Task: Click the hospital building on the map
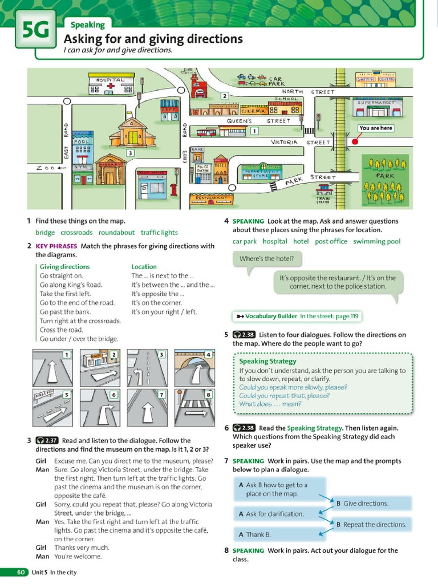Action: [x=111, y=84]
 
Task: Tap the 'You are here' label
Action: [x=375, y=128]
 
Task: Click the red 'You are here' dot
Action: [x=354, y=141]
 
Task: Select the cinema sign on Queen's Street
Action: [x=253, y=111]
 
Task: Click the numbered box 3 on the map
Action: [x=131, y=153]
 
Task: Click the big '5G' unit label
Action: [x=36, y=30]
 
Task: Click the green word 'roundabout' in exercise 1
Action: [x=116, y=233]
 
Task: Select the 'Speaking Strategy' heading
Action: [x=267, y=361]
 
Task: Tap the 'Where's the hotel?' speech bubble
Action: [x=267, y=259]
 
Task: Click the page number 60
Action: [x=21, y=572]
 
